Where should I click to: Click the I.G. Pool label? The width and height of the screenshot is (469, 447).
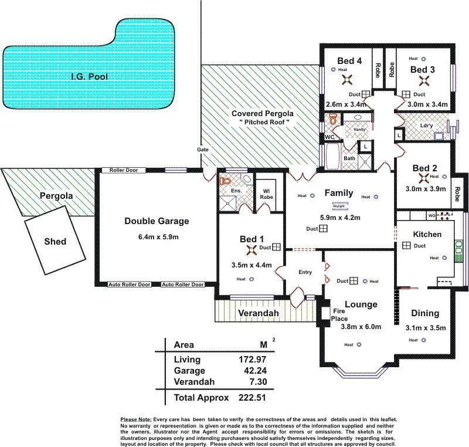tap(90, 76)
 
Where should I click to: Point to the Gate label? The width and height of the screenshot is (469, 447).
tap(203, 150)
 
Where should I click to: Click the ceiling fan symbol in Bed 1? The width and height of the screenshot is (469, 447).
tap(252, 250)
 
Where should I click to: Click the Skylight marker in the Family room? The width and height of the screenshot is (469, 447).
tap(339, 206)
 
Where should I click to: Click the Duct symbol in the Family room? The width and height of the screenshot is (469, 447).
tap(324, 229)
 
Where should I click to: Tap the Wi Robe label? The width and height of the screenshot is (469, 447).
tap(267, 194)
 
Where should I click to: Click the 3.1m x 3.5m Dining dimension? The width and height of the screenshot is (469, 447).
tap(426, 328)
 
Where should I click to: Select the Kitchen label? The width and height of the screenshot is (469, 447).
tap(427, 234)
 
